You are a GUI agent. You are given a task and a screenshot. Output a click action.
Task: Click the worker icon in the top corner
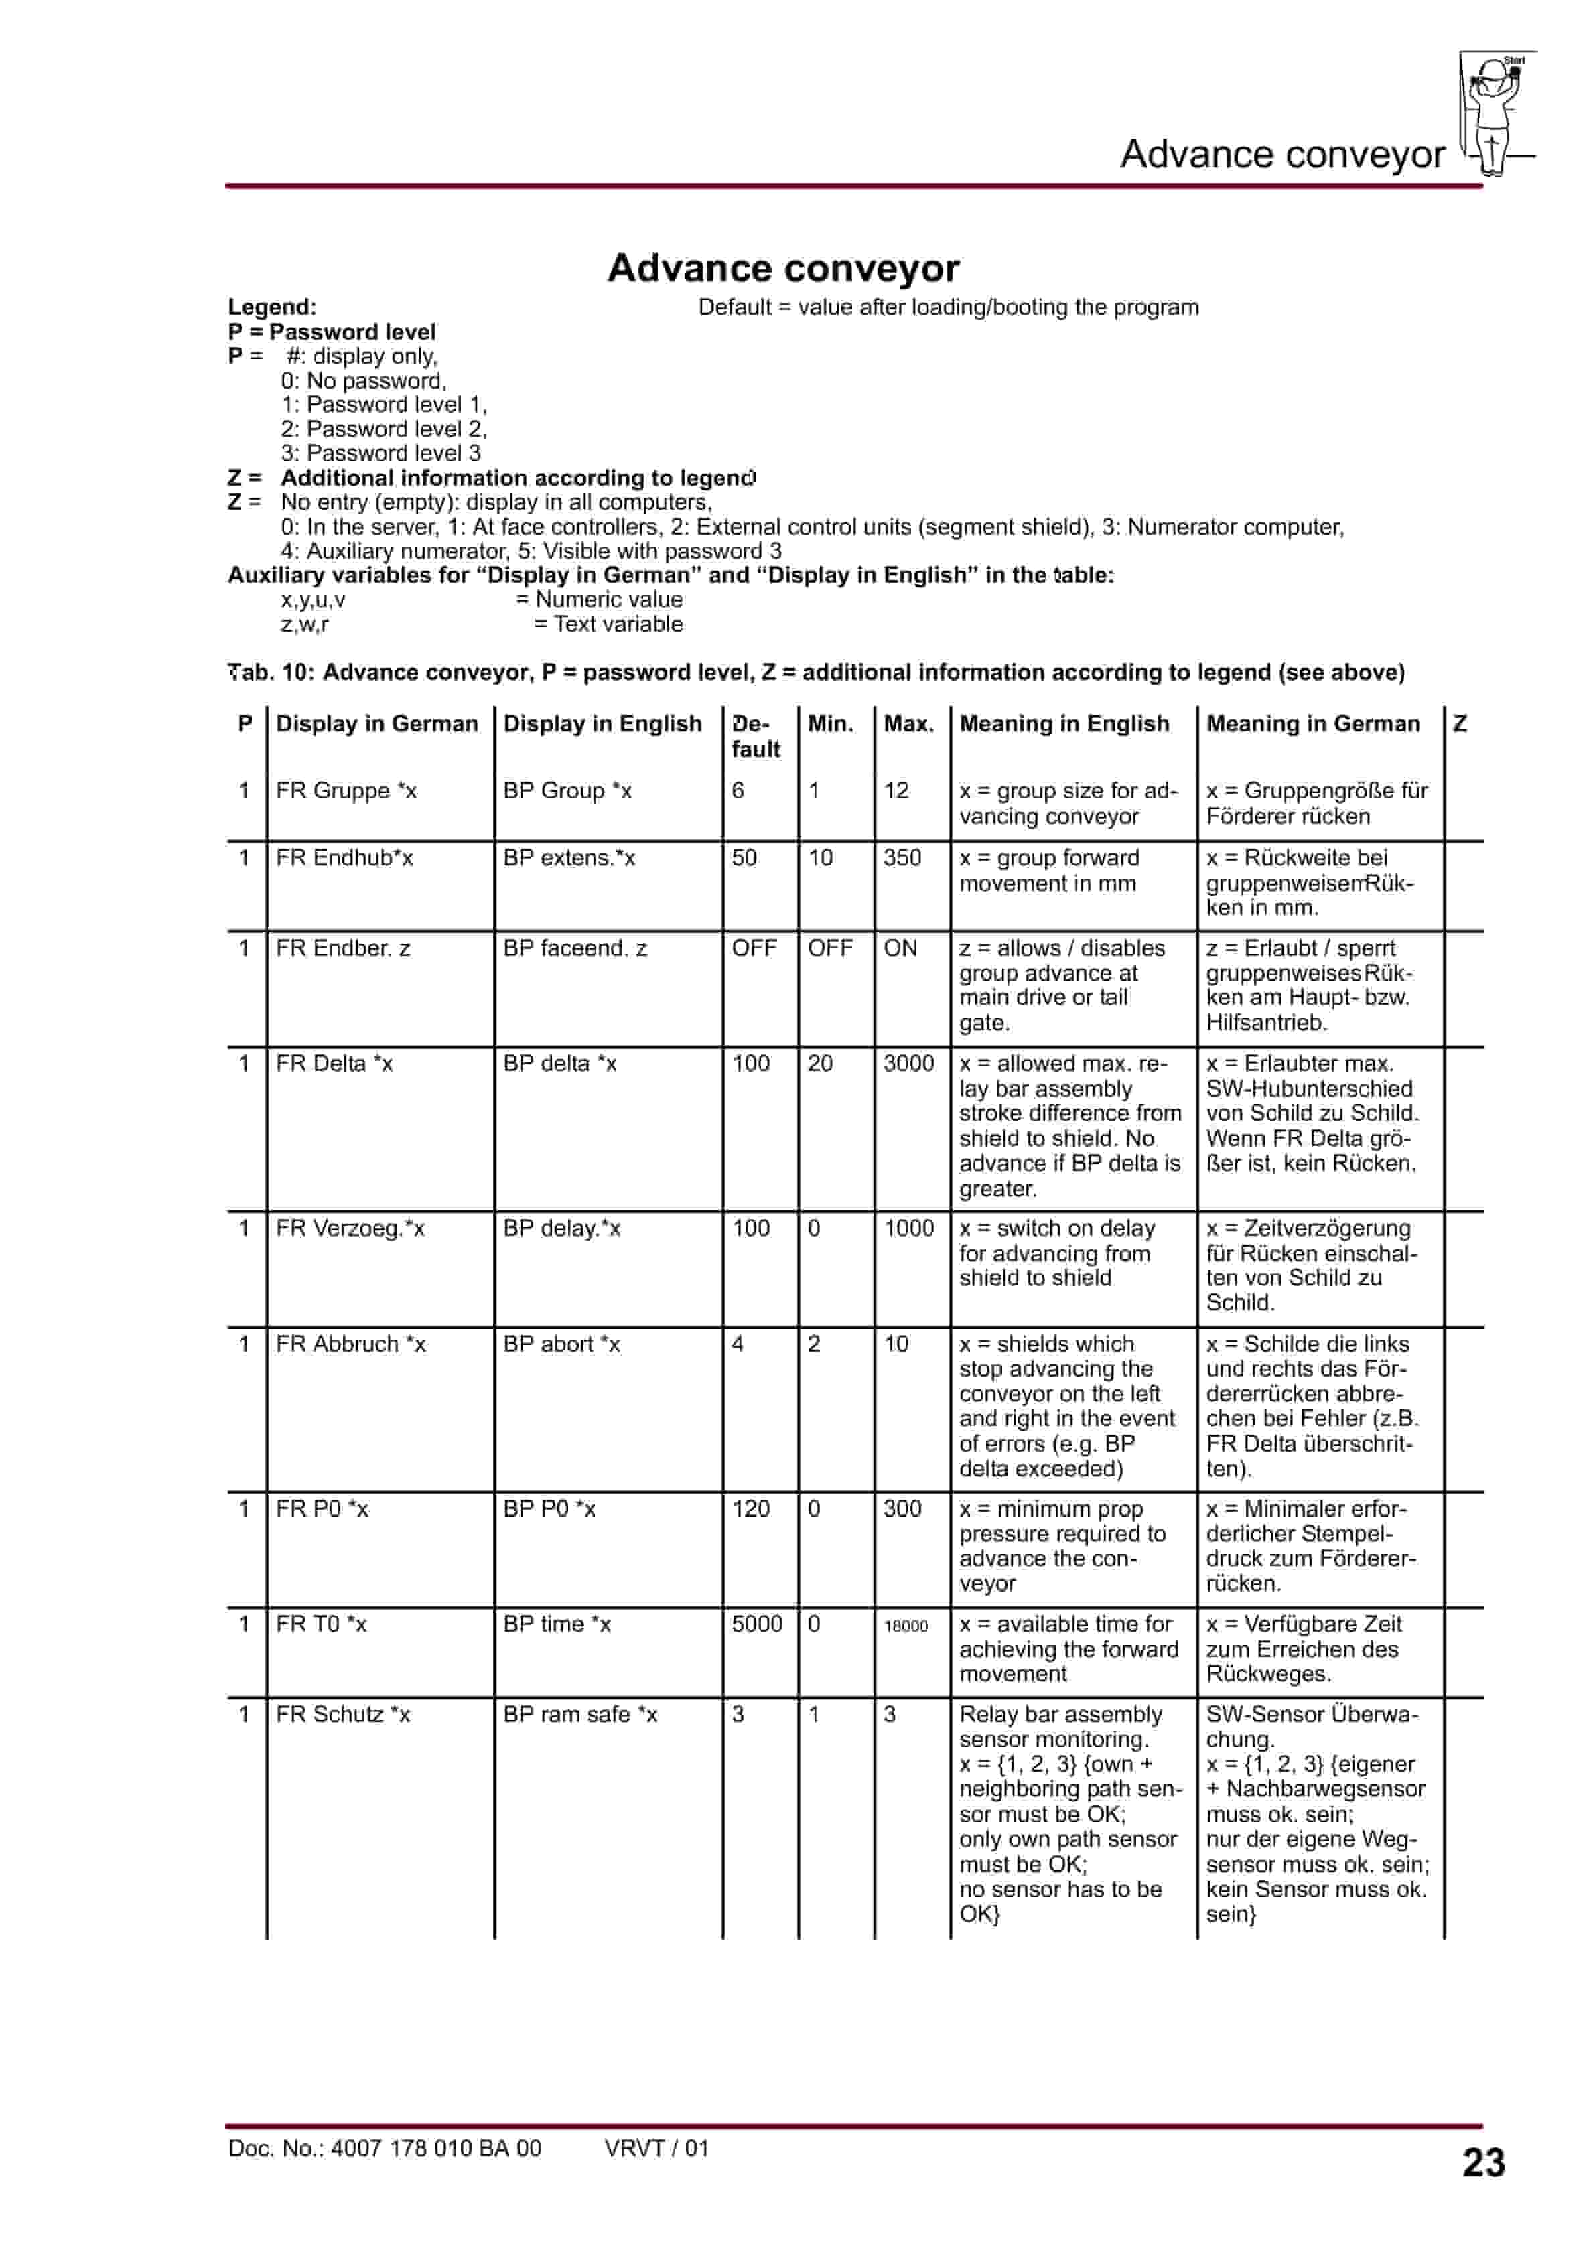(x=1497, y=113)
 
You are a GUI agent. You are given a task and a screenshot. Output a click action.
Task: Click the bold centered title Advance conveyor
(x=783, y=267)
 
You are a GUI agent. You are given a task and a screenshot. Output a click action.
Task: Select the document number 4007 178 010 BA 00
(x=385, y=2148)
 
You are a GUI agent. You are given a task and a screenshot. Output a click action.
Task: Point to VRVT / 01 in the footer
(x=656, y=2148)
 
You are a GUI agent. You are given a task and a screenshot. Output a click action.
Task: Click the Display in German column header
(x=376, y=724)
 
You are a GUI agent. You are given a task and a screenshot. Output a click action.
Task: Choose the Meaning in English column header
(x=1064, y=724)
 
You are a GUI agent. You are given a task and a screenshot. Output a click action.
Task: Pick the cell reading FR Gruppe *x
(x=346, y=791)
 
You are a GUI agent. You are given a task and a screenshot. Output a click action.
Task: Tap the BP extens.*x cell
(x=569, y=858)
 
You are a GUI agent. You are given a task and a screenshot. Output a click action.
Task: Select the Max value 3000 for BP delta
(x=908, y=1063)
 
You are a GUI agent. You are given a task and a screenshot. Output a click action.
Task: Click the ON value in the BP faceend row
(x=900, y=948)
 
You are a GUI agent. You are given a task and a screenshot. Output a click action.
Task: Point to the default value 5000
(x=757, y=1624)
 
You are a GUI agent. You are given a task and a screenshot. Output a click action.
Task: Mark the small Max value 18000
(x=905, y=1626)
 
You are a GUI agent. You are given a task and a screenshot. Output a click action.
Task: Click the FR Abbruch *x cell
(x=351, y=1344)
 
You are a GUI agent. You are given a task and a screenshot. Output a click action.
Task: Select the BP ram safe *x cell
(x=580, y=1715)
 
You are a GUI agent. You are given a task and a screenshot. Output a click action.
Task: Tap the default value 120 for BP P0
(x=751, y=1509)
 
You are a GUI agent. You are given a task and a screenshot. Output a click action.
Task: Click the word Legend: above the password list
(x=272, y=307)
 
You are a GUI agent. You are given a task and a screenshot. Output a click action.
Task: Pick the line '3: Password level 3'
(x=380, y=453)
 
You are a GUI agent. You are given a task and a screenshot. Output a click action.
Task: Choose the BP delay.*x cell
(x=561, y=1228)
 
